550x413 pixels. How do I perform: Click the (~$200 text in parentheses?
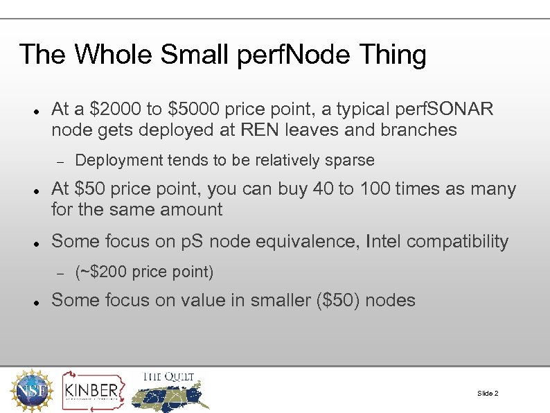click(x=100, y=272)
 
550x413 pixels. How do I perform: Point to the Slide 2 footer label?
click(x=488, y=394)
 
